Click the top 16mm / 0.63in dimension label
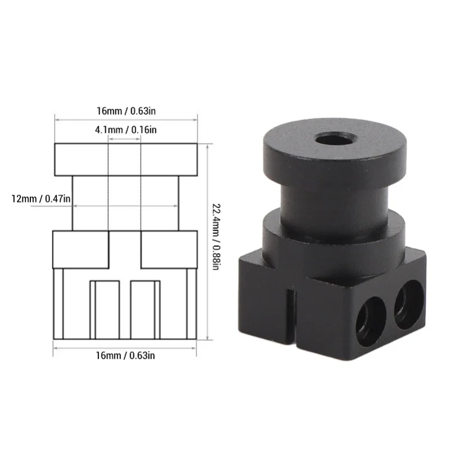point(126,111)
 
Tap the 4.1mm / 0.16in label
point(125,130)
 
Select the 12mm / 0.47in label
point(40,199)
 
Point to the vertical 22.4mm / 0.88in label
point(216,236)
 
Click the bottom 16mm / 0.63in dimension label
point(125,355)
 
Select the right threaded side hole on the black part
point(409,305)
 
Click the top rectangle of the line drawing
point(126,160)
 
